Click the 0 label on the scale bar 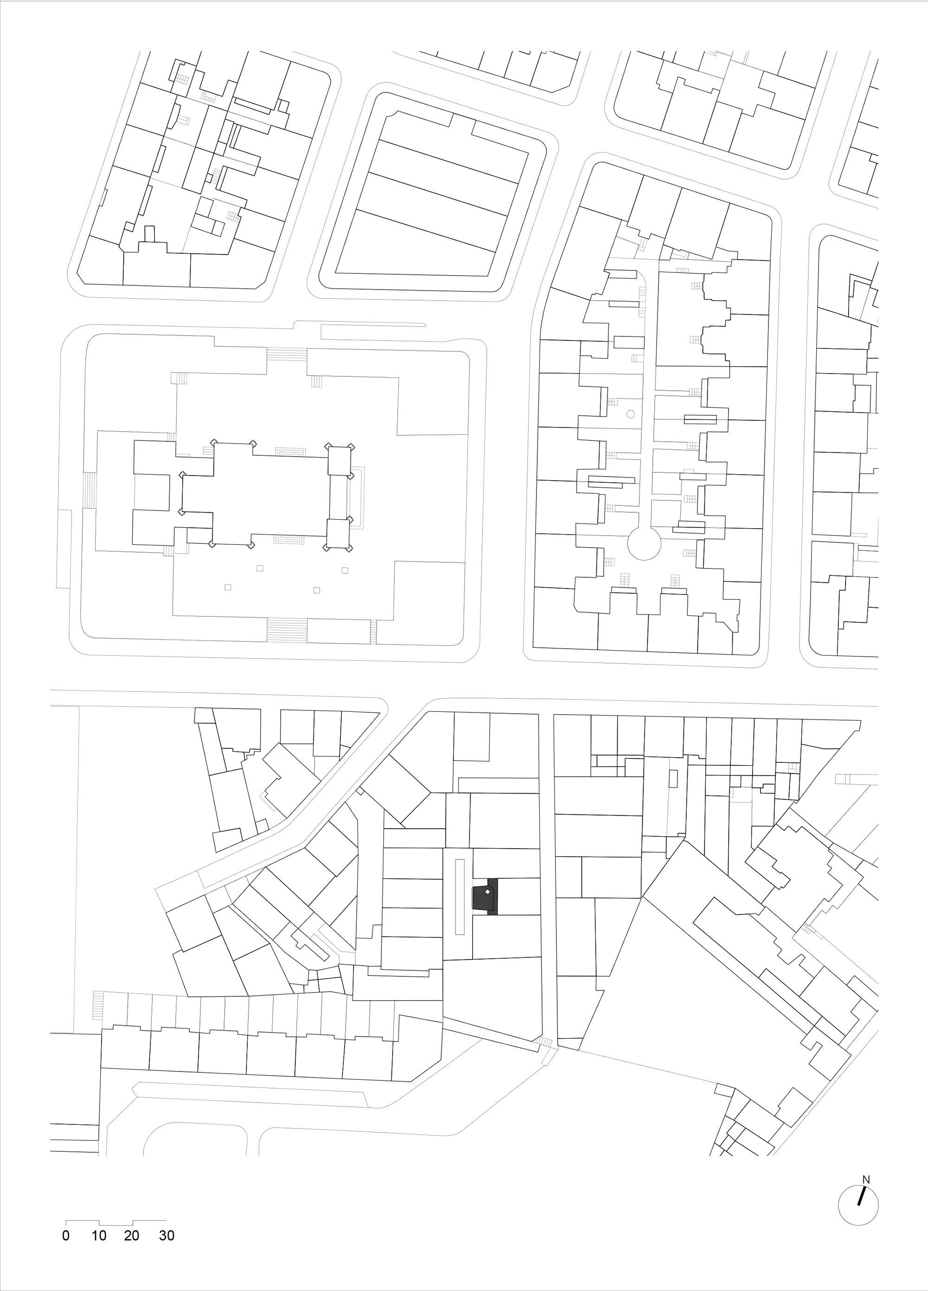coord(66,1235)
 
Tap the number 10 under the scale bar coord(99,1235)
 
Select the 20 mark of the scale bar coord(131,1235)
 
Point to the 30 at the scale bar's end coord(166,1235)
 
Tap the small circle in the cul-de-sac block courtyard coord(630,414)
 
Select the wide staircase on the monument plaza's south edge coord(288,631)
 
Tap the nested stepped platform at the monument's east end coord(357,498)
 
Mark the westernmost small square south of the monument coord(228,587)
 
